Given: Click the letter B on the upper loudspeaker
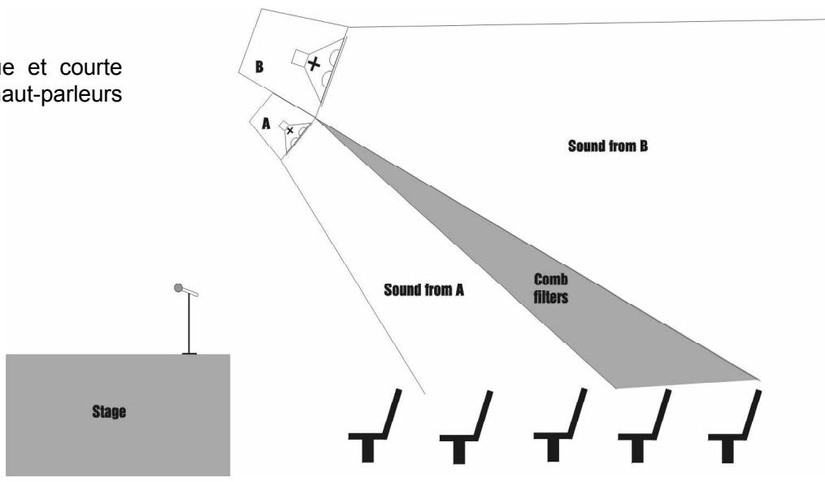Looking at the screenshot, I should (x=259, y=67).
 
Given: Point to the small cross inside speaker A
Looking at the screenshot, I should (x=290, y=130).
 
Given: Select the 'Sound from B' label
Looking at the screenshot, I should (x=607, y=147).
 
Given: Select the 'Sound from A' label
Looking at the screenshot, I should (x=423, y=290).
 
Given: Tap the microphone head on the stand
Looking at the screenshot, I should (x=180, y=288).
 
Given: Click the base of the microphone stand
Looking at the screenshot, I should (x=190, y=353).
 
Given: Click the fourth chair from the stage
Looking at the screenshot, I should (x=647, y=427).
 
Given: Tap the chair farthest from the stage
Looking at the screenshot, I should (x=736, y=427).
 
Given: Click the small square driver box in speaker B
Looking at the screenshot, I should (x=298, y=59).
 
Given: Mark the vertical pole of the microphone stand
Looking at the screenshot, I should (x=190, y=320).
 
